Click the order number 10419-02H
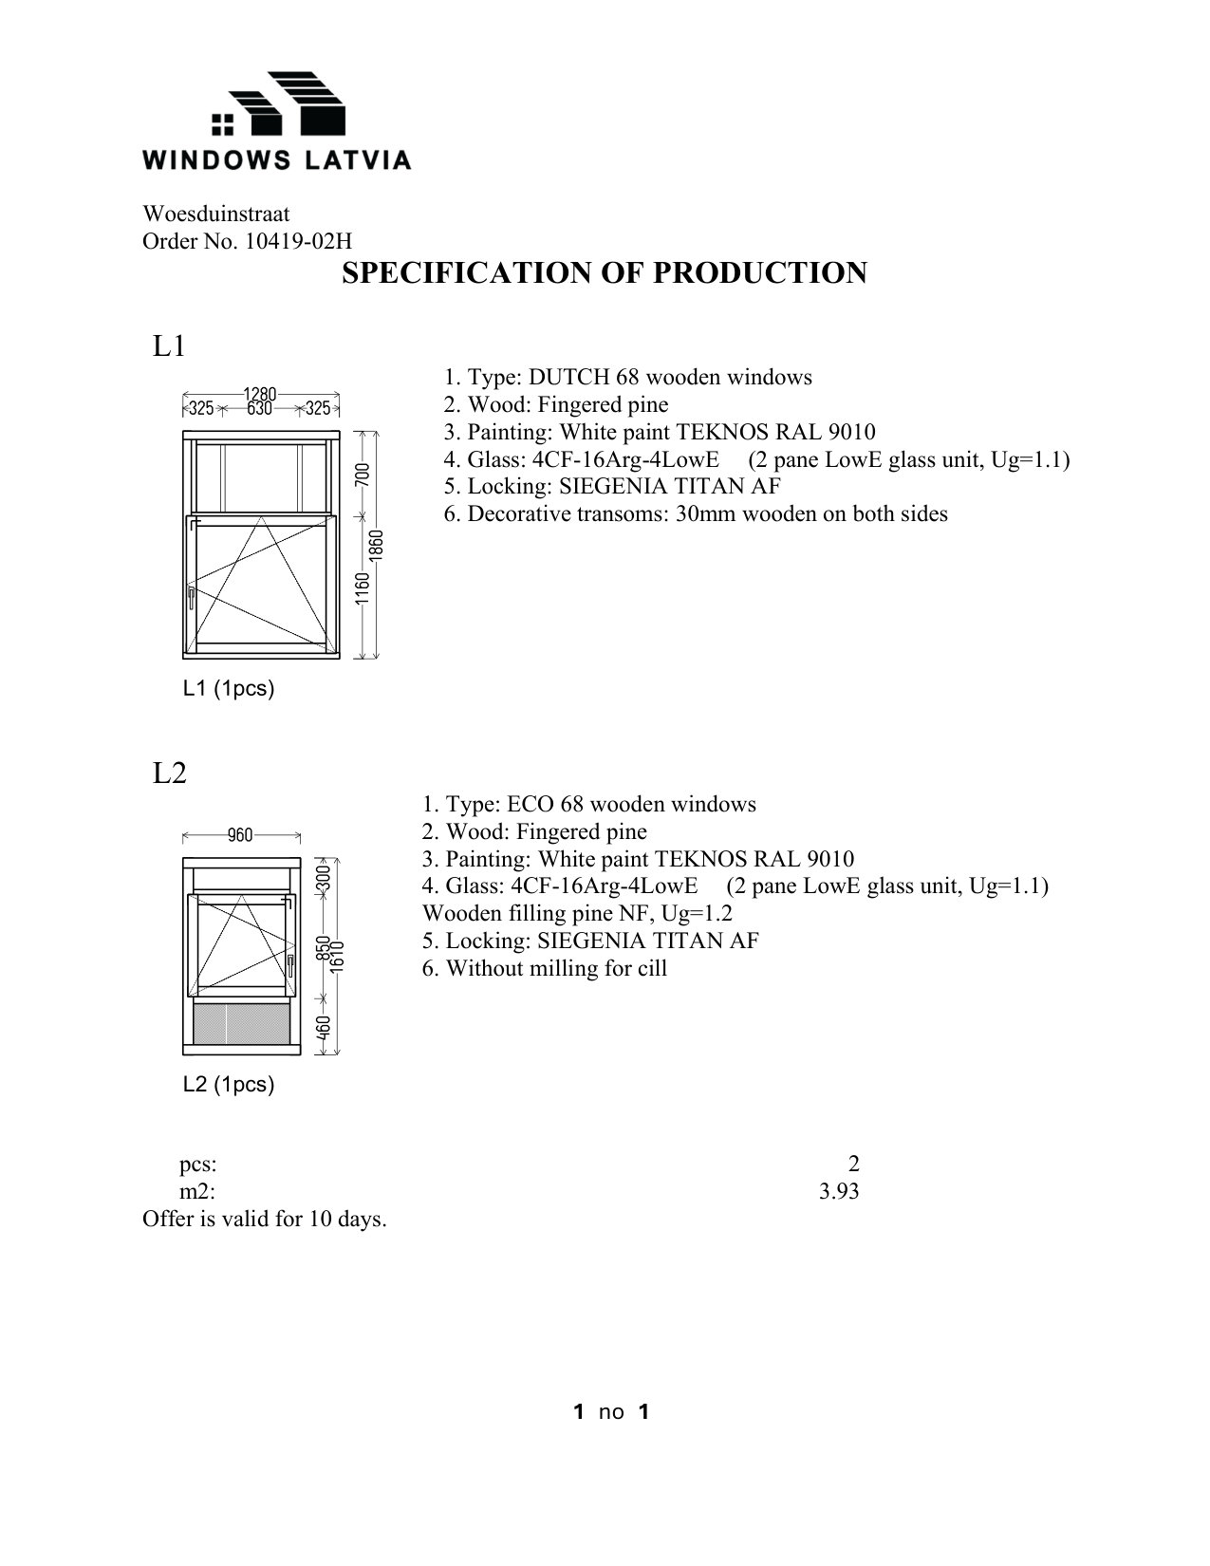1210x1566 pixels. (298, 242)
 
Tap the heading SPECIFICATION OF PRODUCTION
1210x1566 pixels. (604, 273)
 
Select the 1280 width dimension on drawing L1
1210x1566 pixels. (260, 394)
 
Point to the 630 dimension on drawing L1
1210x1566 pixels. (259, 409)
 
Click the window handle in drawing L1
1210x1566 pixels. (191, 598)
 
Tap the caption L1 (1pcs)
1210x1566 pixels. (229, 689)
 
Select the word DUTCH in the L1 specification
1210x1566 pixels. (568, 378)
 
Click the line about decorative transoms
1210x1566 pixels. (696, 514)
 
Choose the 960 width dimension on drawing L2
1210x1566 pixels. (240, 835)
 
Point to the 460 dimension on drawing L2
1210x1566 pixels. (324, 1028)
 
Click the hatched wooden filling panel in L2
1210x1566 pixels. (241, 1025)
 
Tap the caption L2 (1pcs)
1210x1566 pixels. (229, 1085)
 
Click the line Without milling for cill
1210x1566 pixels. (545, 969)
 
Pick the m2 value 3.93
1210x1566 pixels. (839, 1191)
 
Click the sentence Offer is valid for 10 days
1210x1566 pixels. (265, 1219)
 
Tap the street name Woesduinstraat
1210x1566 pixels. (215, 214)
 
